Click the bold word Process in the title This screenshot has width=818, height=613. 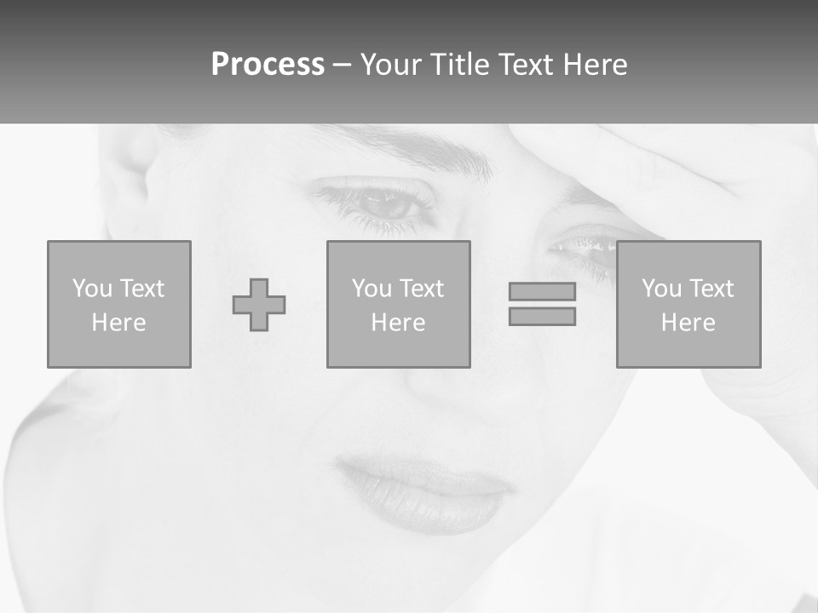tap(268, 65)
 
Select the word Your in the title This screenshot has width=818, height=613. tap(391, 65)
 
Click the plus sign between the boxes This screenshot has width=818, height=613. tap(259, 305)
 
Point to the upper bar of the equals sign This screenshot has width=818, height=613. tap(542, 291)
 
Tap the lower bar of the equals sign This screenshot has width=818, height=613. tap(542, 317)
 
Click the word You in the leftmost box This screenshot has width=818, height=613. tap(92, 289)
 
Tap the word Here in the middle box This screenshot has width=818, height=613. tap(399, 323)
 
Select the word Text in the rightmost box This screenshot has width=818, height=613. tap(710, 289)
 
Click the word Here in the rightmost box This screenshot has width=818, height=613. tap(688, 323)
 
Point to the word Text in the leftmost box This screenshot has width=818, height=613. tap(141, 289)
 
